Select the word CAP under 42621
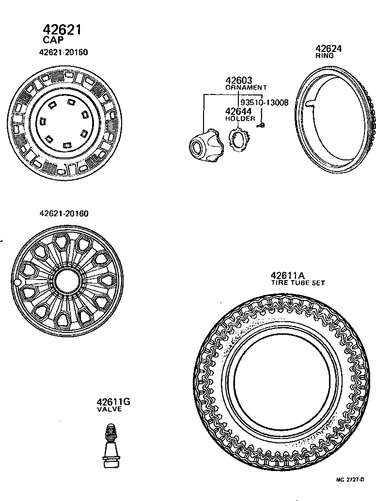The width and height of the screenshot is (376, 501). tap(53, 41)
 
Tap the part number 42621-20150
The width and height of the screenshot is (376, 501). tap(63, 52)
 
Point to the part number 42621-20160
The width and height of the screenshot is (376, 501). tap(64, 214)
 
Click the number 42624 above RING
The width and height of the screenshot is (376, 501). tap(329, 48)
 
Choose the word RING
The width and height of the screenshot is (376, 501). tap(325, 56)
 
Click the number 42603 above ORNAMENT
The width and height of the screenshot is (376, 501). tap(239, 80)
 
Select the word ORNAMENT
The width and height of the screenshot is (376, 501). tap(246, 88)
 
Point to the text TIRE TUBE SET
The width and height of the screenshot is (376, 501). tap(298, 282)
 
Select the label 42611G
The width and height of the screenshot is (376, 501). tap(113, 402)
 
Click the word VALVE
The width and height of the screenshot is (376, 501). tap(109, 409)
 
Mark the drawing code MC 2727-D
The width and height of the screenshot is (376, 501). tap(350, 480)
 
